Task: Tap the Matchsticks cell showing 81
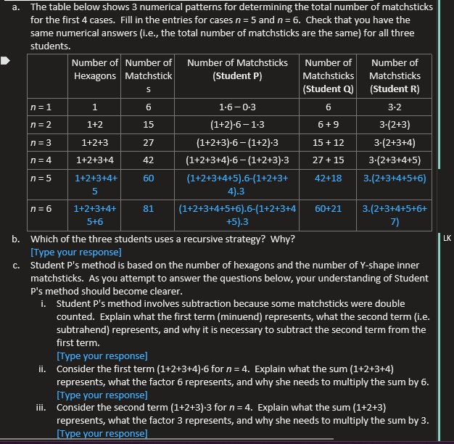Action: [148, 208]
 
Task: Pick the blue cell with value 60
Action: [148, 178]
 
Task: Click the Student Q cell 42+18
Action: [328, 178]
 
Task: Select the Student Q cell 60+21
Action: [328, 208]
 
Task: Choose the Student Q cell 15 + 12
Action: [328, 142]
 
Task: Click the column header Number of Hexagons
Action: [95, 69]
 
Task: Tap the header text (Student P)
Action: [237, 75]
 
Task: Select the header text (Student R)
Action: [395, 89]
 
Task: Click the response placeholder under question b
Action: [75, 252]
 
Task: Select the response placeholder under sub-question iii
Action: [102, 433]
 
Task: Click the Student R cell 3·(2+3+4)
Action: [395, 142]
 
